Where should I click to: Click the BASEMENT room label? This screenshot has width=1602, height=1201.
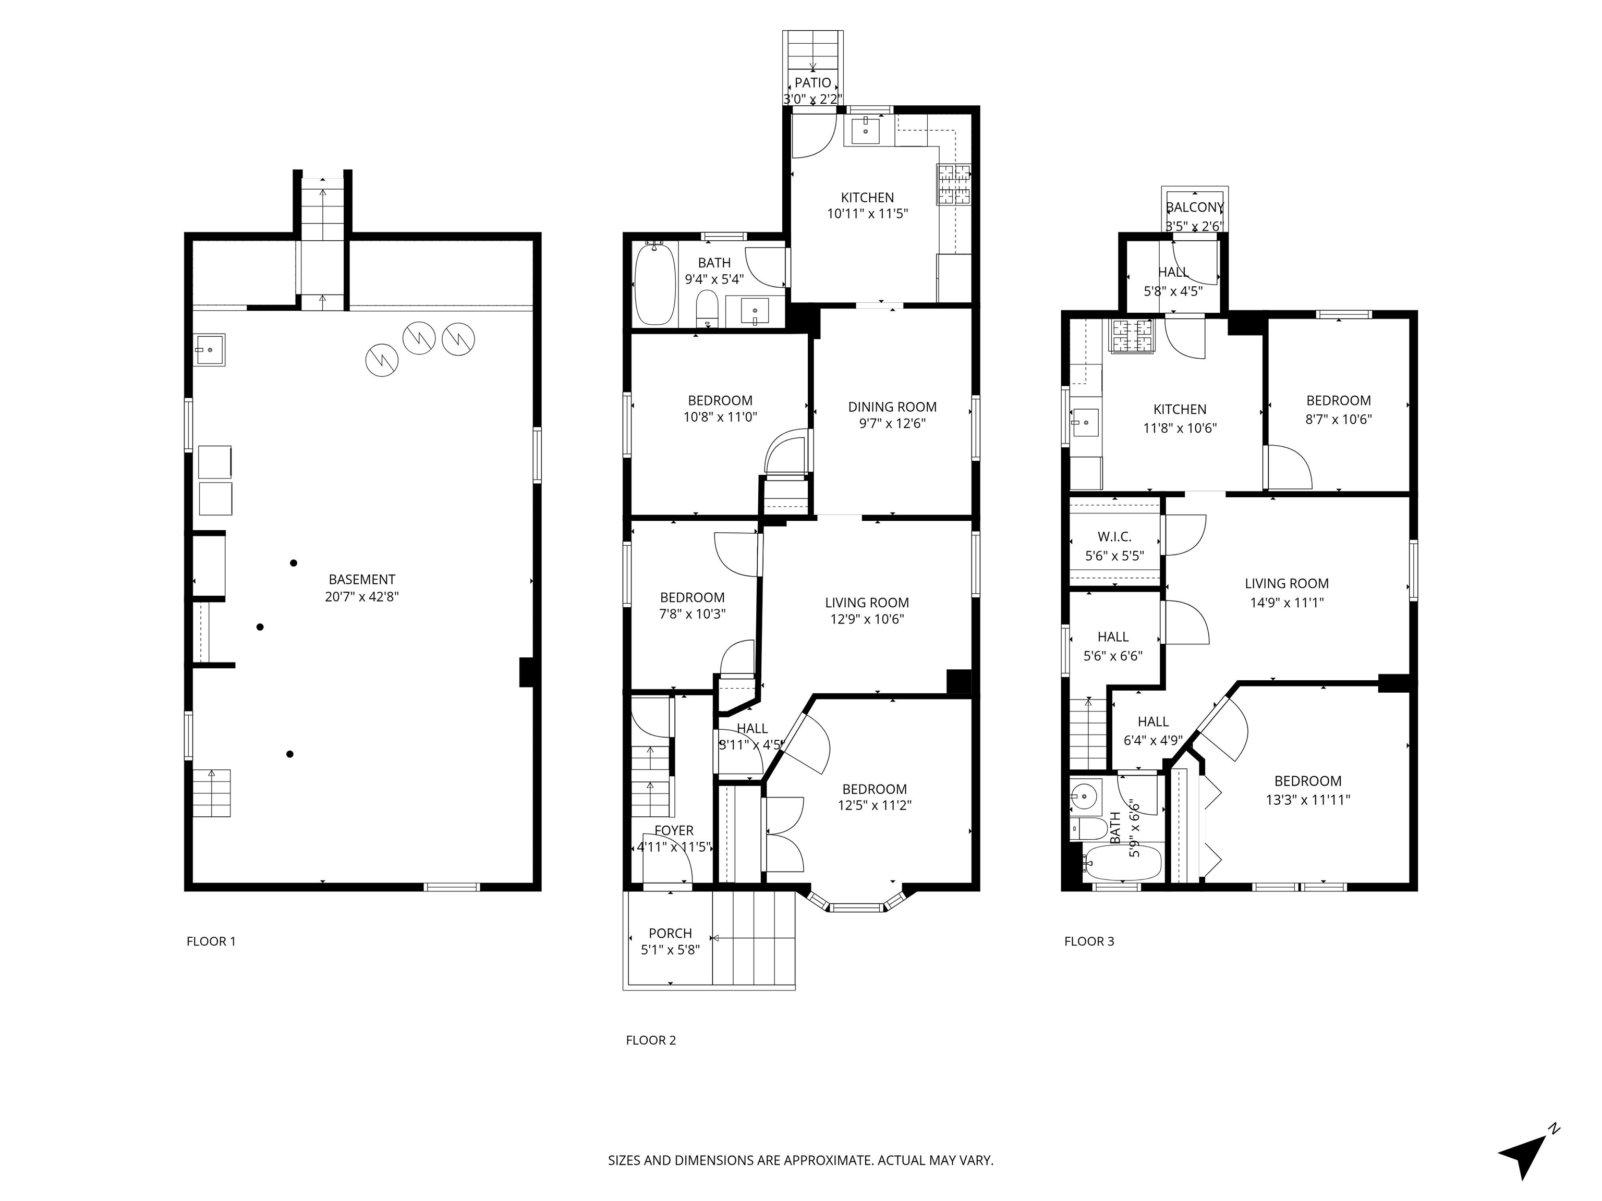[361, 579]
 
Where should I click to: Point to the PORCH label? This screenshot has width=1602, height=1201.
[670, 933]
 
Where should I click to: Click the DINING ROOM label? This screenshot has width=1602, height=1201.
[892, 407]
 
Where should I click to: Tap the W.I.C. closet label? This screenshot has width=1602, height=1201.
[1114, 536]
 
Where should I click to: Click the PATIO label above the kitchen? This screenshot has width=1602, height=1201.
[812, 82]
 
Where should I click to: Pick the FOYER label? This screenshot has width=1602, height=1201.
[674, 830]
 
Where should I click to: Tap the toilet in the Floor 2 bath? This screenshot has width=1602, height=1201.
[707, 309]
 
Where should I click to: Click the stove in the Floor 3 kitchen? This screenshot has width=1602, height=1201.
[1131, 337]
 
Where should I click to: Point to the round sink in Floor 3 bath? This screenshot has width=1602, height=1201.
[1086, 798]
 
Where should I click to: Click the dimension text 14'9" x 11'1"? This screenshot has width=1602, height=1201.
[1286, 602]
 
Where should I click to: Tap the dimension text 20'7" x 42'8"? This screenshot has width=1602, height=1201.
[362, 596]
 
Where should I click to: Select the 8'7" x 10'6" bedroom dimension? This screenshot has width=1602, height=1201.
[1338, 419]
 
